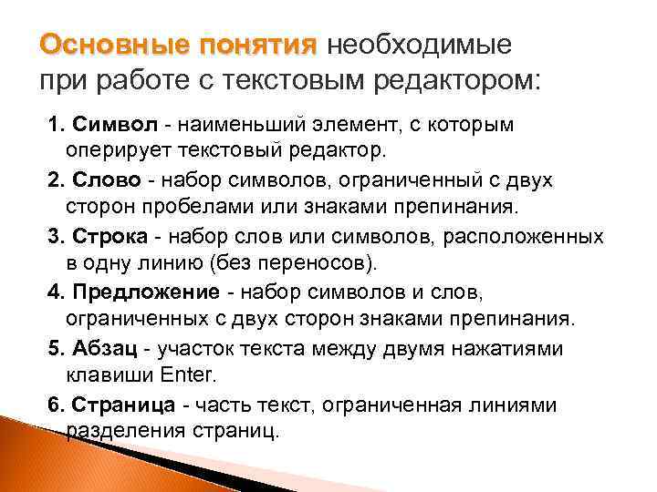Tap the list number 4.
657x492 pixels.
coord(53,292)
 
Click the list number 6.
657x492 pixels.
coord(53,405)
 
